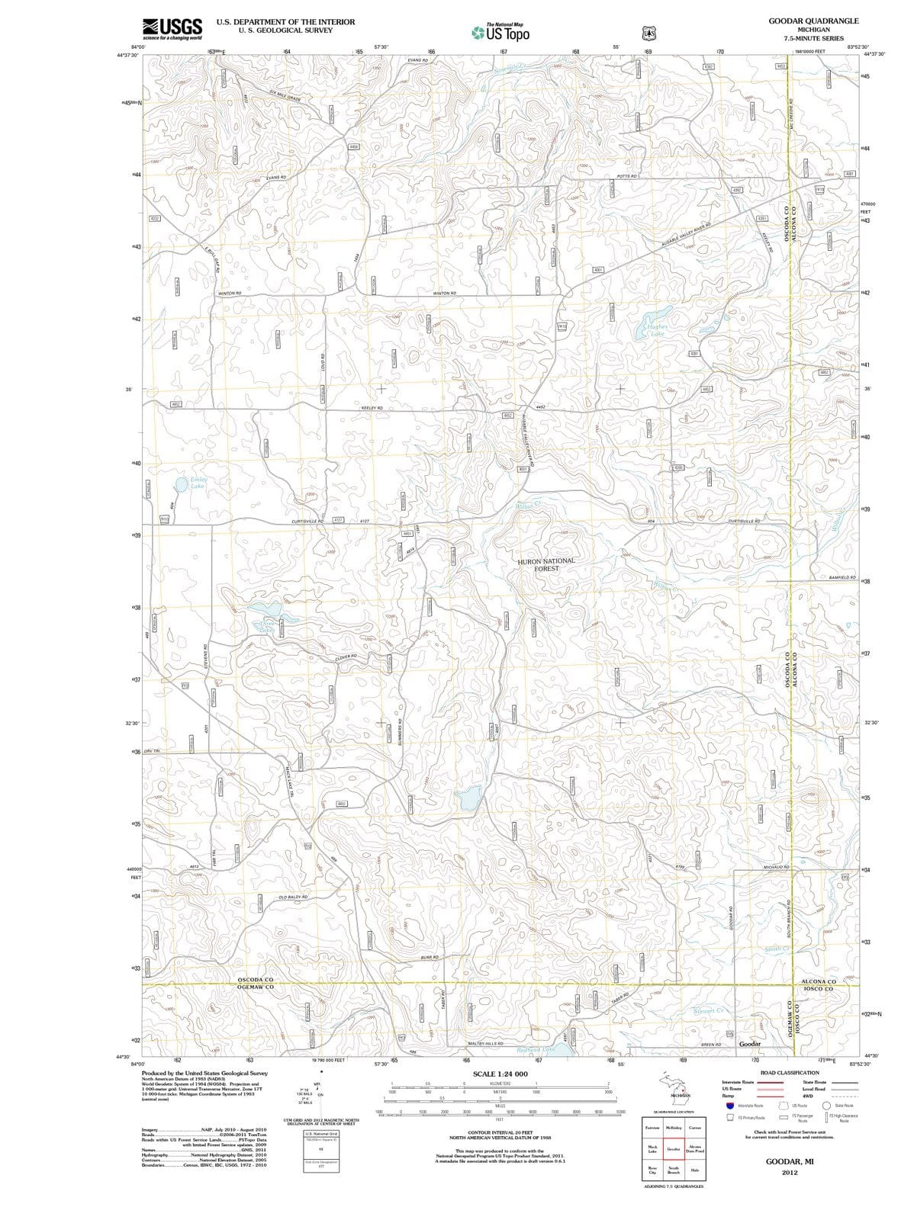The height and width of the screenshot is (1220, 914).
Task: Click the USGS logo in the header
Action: pos(172,27)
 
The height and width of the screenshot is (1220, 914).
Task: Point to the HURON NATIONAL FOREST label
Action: pos(547,564)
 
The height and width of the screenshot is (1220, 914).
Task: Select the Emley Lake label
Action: pos(198,483)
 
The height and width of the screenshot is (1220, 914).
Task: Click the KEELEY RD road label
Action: pos(372,409)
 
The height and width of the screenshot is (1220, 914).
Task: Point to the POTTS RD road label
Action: pos(626,176)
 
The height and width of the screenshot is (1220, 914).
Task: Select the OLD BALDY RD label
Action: pos(293,897)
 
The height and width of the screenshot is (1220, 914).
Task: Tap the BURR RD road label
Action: pos(429,956)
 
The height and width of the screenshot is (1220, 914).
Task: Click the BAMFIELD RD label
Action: pos(842,577)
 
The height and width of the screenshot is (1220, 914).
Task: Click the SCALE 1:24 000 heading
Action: pos(500,1074)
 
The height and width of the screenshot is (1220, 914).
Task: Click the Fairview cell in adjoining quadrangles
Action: pos(652,1128)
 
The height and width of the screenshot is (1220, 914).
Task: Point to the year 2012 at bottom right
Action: pos(789,1173)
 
